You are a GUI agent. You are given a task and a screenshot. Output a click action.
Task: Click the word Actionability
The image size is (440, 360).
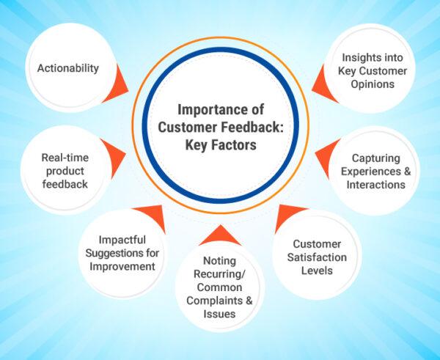tap(68, 68)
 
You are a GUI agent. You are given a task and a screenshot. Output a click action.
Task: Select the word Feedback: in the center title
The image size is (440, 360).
tap(252, 127)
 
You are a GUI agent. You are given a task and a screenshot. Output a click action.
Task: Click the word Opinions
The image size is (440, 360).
tap(373, 84)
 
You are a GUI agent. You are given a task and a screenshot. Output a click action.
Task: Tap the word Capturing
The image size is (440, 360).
tap(375, 158)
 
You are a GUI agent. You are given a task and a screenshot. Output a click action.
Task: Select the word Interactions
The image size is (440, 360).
tap(375, 185)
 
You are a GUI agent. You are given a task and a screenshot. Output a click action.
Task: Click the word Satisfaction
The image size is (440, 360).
tap(317, 257)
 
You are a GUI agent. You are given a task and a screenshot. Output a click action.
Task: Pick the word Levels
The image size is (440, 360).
tap(317, 271)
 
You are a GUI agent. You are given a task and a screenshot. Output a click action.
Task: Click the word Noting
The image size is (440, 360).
tap(219, 261)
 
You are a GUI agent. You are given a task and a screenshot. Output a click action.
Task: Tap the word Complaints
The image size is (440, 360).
tap(213, 301)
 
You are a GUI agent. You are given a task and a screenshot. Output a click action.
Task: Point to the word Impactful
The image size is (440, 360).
tap(122, 240)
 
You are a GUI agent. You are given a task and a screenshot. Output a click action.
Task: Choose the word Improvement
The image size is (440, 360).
tap(122, 267)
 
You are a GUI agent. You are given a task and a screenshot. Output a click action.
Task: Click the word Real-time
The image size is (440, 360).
tap(65, 158)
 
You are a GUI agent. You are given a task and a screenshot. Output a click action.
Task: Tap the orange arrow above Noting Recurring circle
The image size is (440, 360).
tap(220, 237)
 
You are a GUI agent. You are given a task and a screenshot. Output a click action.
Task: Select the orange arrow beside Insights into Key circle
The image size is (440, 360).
tap(322, 86)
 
